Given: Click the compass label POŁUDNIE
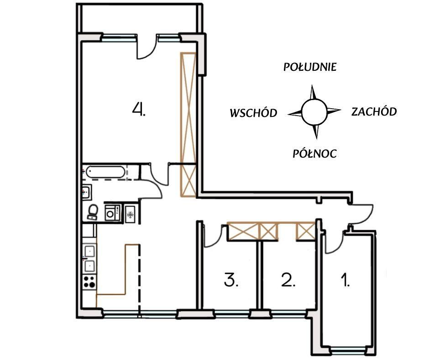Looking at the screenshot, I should [x=310, y=67].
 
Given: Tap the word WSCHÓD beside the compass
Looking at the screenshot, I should [x=253, y=113].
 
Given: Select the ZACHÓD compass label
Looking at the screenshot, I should [x=374, y=111].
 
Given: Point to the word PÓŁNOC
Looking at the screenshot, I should [x=314, y=154].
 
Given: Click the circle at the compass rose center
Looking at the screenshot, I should [x=314, y=112].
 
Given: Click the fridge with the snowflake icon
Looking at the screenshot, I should [x=131, y=214].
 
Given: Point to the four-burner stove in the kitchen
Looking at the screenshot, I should [x=89, y=282].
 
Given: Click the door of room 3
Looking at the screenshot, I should [x=213, y=237].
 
